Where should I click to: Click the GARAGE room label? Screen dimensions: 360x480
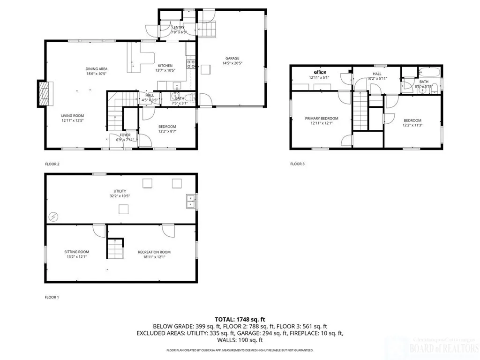coord(232,58)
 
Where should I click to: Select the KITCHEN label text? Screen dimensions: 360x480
coord(165,66)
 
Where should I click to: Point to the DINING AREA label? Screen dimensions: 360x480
coord(97,69)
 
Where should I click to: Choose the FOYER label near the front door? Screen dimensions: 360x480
coord(125,135)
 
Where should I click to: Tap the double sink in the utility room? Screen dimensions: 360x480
coord(191,201)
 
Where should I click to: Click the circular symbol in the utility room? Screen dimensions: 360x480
coord(53,217)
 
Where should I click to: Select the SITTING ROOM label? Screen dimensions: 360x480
coord(76,252)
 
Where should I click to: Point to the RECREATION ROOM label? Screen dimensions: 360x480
coord(151,252)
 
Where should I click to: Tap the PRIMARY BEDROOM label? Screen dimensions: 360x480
coord(322,119)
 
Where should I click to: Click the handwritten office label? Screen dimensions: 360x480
coord(320,72)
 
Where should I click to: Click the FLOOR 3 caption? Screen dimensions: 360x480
coord(297,164)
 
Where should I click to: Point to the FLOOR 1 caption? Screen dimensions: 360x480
coord(52,297)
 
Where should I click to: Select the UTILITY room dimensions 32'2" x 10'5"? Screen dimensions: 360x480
coord(120,196)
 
